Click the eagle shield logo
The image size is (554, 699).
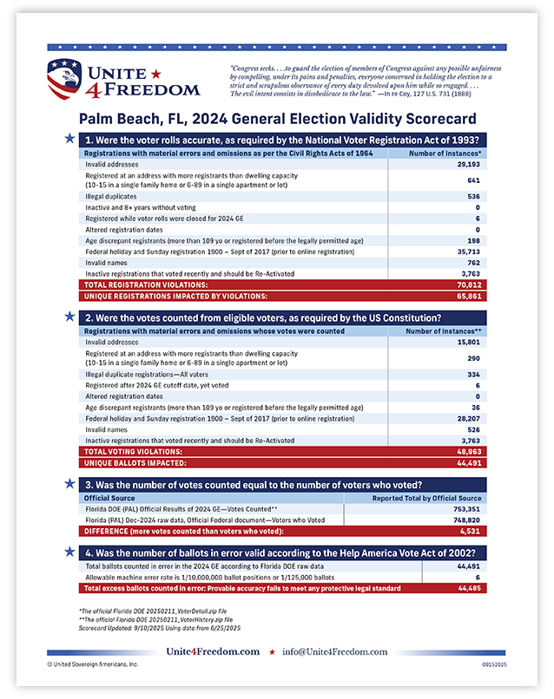(66, 78)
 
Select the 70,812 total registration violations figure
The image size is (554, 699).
(467, 284)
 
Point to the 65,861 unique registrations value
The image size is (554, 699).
(467, 296)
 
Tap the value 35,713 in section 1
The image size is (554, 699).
(467, 252)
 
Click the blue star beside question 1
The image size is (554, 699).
(69, 138)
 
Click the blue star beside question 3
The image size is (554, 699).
(69, 484)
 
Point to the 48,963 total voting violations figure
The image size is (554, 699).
(467, 452)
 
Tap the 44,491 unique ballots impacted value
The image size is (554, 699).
(467, 463)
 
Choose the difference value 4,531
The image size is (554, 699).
(470, 531)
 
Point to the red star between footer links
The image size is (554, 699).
(273, 651)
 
